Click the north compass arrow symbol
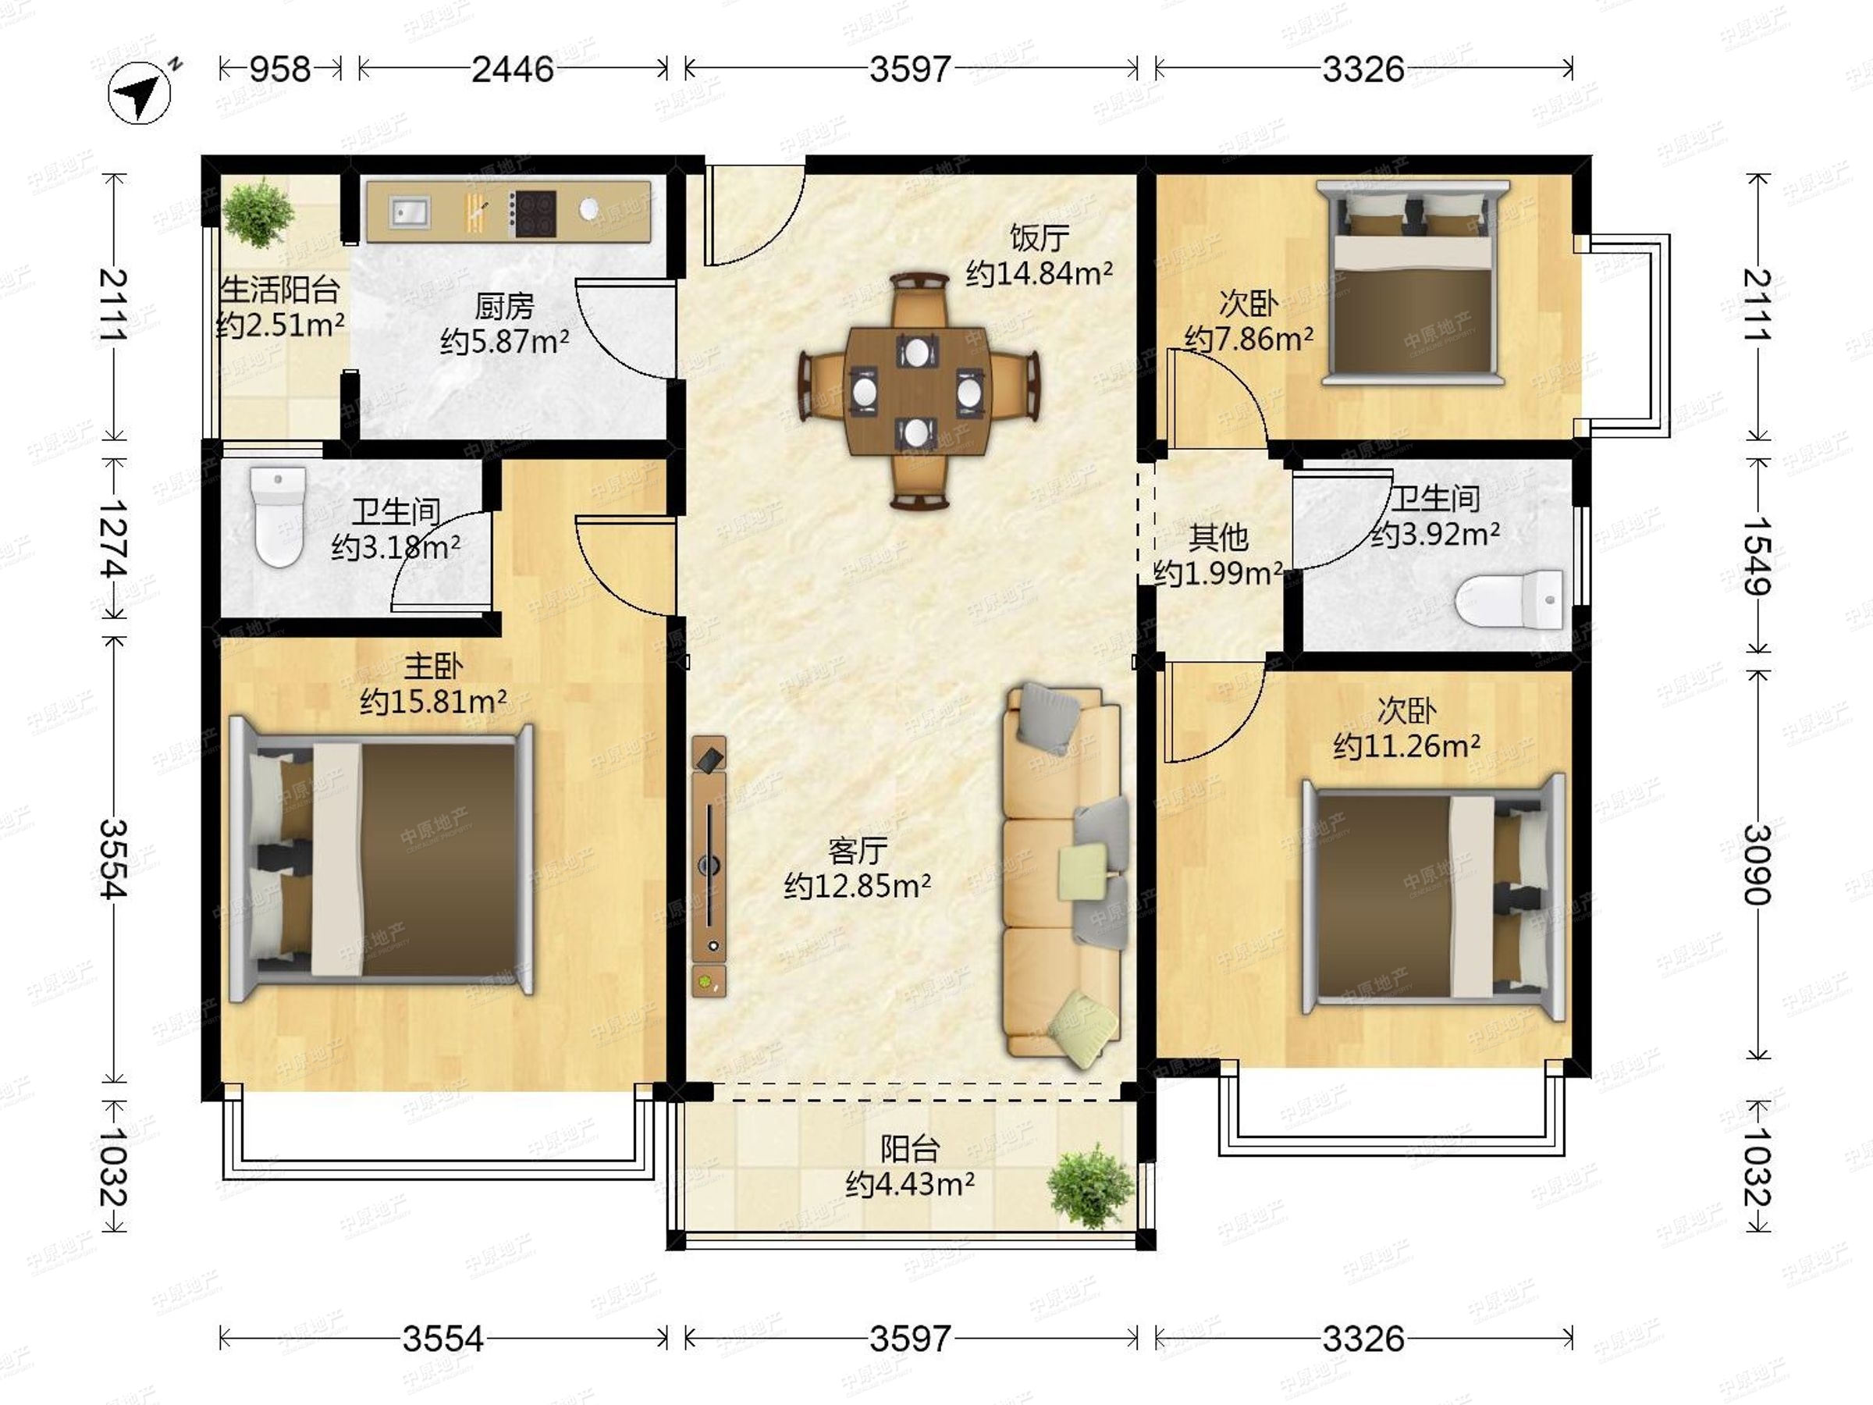pos(140,92)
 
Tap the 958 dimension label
pos(280,69)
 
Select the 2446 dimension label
pos(512,69)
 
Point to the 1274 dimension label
pos(112,539)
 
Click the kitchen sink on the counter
pos(409,212)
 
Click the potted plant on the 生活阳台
pos(258,212)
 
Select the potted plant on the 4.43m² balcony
pos(1089,1186)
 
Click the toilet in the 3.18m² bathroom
pos(278,517)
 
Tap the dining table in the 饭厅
pos(919,391)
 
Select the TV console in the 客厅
pos(709,866)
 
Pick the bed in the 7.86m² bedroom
pos(1413,283)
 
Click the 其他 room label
pos(1218,537)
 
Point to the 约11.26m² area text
pos(1406,746)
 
